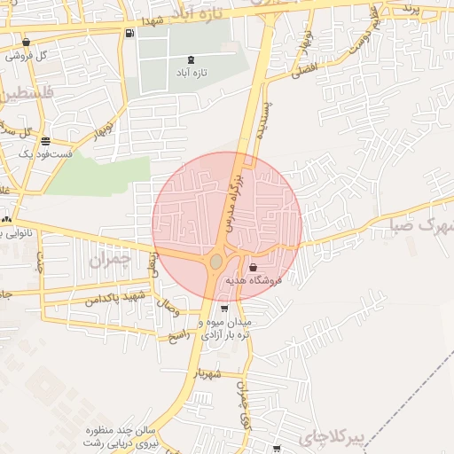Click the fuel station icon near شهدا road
[131, 35]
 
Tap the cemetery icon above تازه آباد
[192, 58]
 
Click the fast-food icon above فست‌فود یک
[44, 141]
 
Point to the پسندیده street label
[264, 121]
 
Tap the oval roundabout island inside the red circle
[216, 262]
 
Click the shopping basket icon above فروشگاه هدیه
[254, 267]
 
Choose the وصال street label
[168, 309]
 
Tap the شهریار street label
[217, 373]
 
